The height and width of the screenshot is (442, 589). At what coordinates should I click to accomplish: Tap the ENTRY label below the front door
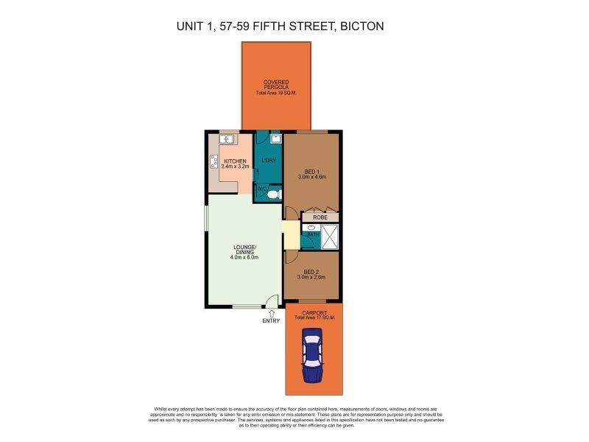pyautogui.click(x=272, y=321)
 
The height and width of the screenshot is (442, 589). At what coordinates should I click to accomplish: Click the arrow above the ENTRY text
pyautogui.click(x=272, y=313)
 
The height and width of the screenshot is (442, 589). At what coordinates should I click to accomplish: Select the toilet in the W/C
pyautogui.click(x=272, y=194)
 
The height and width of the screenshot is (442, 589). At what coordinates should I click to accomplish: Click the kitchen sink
pyautogui.click(x=227, y=138)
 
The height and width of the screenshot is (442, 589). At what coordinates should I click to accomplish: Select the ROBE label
pyautogui.click(x=320, y=217)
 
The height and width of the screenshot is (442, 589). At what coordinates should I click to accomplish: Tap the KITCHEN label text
pyautogui.click(x=235, y=161)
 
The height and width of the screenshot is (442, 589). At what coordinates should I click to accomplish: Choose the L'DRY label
pyautogui.click(x=268, y=161)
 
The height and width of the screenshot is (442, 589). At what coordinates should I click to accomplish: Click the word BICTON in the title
pyautogui.click(x=359, y=27)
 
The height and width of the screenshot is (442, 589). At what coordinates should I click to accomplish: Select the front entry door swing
pyautogui.click(x=272, y=301)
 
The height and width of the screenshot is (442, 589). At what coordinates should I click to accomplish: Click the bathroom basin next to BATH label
pyautogui.click(x=308, y=229)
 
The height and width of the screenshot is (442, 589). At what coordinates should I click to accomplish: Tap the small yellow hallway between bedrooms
pyautogui.click(x=291, y=236)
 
